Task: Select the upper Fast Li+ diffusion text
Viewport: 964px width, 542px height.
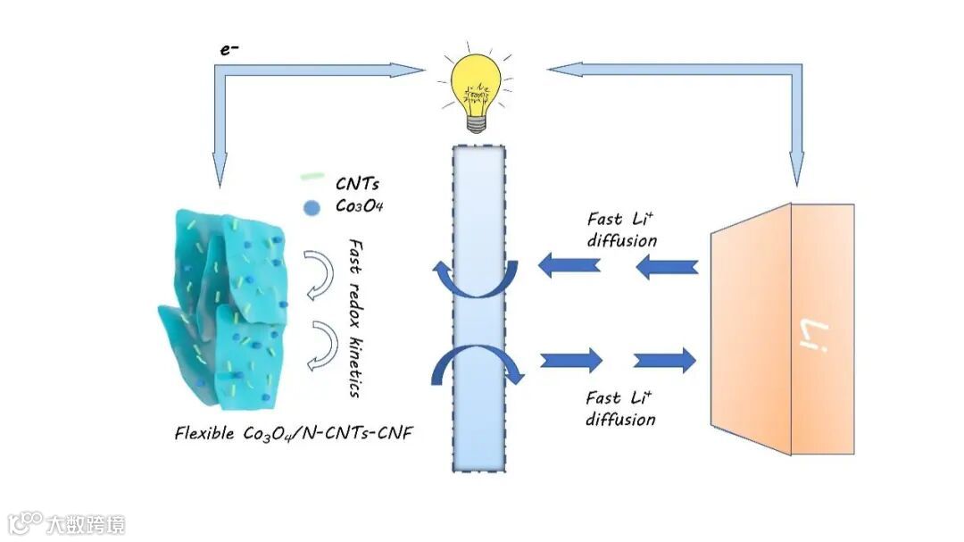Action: pyautogui.click(x=622, y=229)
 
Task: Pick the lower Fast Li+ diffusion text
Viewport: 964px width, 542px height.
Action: pyautogui.click(x=621, y=408)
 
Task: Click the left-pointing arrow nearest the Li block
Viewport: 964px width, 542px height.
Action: pyautogui.click(x=667, y=265)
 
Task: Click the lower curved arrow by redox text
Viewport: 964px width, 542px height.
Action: pyautogui.click(x=322, y=343)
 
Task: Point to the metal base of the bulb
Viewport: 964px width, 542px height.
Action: pyautogui.click(x=478, y=121)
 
